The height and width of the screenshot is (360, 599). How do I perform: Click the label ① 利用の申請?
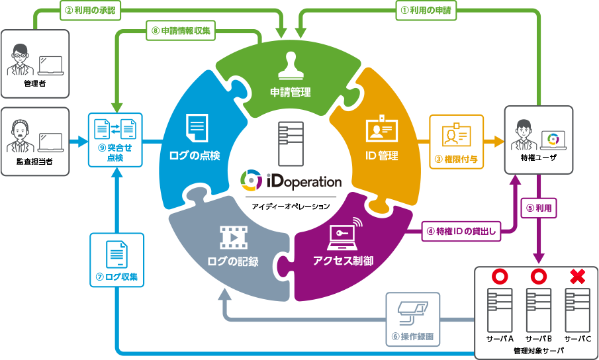[425, 11]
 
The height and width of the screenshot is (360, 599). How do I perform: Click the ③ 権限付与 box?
[457, 141]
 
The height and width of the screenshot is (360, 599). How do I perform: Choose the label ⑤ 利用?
[539, 207]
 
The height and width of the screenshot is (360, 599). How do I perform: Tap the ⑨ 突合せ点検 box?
[115, 140]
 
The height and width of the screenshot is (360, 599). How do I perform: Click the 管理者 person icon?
[21, 60]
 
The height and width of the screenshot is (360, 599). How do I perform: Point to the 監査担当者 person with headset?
[20, 138]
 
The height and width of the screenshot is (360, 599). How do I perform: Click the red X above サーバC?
[577, 277]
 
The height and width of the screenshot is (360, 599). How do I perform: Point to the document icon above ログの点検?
[197, 128]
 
